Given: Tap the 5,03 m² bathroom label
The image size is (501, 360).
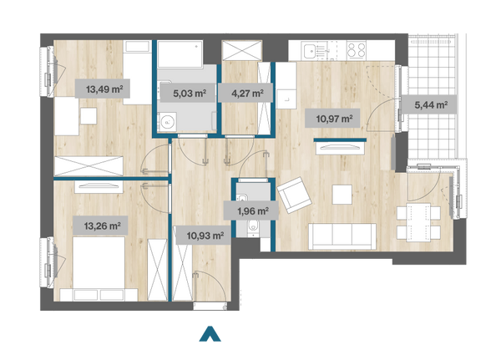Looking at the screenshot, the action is point(190,94).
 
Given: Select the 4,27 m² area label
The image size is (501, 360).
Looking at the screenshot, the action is point(247,94).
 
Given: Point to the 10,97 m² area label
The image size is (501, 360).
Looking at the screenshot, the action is point(334,119).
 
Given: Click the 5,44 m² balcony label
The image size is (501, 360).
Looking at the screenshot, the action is point(431,104).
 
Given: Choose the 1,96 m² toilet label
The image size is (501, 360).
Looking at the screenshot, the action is point(253,211).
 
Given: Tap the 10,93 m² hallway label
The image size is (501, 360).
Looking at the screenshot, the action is point(205,236).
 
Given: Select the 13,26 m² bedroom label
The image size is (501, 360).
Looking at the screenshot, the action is point(102,226).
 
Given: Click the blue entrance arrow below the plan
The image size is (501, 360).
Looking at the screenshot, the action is point(210,334).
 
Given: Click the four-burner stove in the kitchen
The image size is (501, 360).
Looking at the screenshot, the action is point(357,50).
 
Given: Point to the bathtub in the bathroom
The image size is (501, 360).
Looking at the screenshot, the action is point(180,53).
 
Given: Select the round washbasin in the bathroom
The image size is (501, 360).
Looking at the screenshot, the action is point(167,121).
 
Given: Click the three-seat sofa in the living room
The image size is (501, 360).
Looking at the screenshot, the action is point(342,236).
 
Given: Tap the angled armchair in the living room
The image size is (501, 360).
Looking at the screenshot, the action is point(294,195).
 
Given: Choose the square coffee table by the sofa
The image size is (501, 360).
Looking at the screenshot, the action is point(342,195).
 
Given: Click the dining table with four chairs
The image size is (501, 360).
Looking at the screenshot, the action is point(418,222).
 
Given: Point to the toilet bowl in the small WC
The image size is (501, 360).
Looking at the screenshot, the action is point(254,226).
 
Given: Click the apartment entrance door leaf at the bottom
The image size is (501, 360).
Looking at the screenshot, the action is point(210,307).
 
